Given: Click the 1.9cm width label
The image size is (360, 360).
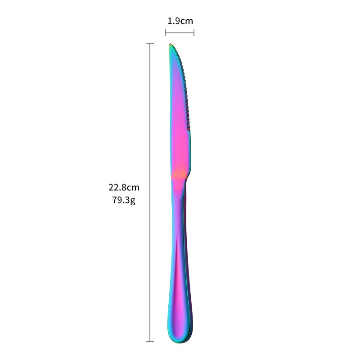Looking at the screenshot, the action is [x=180, y=21].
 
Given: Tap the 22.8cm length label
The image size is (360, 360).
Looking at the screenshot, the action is [x=124, y=187].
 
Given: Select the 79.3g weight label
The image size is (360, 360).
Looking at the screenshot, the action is [x=124, y=200].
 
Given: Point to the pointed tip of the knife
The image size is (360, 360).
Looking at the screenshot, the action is [x=170, y=44].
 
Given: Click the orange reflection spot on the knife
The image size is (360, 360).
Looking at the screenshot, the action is [x=179, y=175].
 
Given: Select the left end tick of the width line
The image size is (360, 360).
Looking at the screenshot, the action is [x=166, y=32].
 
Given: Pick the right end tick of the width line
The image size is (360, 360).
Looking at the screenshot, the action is [x=194, y=32].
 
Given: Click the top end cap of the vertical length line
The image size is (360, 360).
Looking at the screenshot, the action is [x=150, y=43].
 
